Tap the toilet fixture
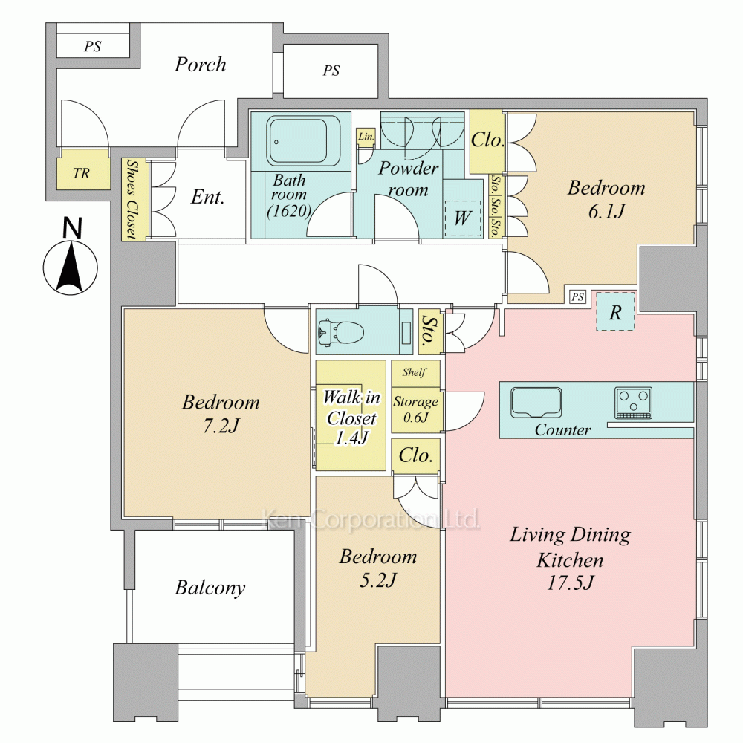(x=341, y=331)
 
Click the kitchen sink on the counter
(x=536, y=403)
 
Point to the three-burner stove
(x=633, y=403)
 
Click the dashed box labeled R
(x=615, y=311)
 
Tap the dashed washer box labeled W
(x=462, y=218)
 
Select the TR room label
(x=82, y=173)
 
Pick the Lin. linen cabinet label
(x=366, y=137)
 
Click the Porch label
(x=200, y=65)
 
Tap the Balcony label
(x=210, y=588)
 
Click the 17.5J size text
(x=570, y=583)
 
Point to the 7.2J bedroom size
(x=221, y=426)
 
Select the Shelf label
(x=414, y=372)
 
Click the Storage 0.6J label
(x=415, y=409)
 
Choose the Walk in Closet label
(x=351, y=418)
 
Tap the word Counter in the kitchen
(x=562, y=429)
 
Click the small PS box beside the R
(x=577, y=296)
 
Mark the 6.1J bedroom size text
(x=606, y=211)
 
